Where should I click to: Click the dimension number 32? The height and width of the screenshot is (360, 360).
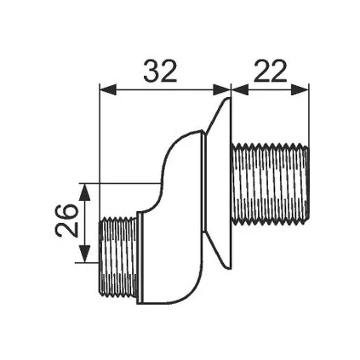pyautogui.click(x=160, y=71)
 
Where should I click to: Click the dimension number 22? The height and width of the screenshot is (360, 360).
pyautogui.click(x=271, y=71)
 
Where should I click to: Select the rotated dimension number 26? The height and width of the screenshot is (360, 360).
pyautogui.click(x=66, y=220)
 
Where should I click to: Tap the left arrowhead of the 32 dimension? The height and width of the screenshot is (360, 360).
pyautogui.click(x=107, y=89)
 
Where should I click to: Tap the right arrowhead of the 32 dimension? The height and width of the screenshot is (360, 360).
pyautogui.click(x=222, y=89)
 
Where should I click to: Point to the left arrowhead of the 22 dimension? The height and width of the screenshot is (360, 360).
pyautogui.click(x=241, y=89)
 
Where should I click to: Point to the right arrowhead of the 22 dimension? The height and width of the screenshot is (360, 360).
pyautogui.click(x=300, y=89)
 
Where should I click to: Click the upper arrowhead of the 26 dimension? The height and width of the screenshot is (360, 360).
pyautogui.click(x=84, y=192)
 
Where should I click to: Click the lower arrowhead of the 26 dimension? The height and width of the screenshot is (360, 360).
pyautogui.click(x=84, y=254)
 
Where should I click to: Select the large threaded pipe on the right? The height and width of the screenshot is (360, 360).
pyautogui.click(x=270, y=184)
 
